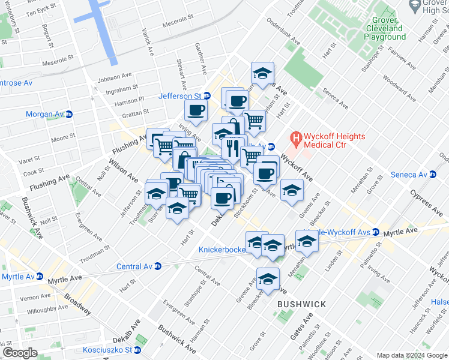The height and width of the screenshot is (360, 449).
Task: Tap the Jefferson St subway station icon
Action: [x=207, y=96]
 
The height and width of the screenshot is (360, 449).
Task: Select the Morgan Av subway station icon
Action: [x=68, y=114]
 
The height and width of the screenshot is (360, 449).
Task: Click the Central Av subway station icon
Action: [x=158, y=266]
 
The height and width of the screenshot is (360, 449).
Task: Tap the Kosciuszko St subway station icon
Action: [x=137, y=350]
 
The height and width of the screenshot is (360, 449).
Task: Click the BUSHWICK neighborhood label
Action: [x=301, y=304]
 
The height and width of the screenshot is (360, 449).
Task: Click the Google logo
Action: [x=19, y=352]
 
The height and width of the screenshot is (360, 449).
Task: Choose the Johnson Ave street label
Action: [x=114, y=77]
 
